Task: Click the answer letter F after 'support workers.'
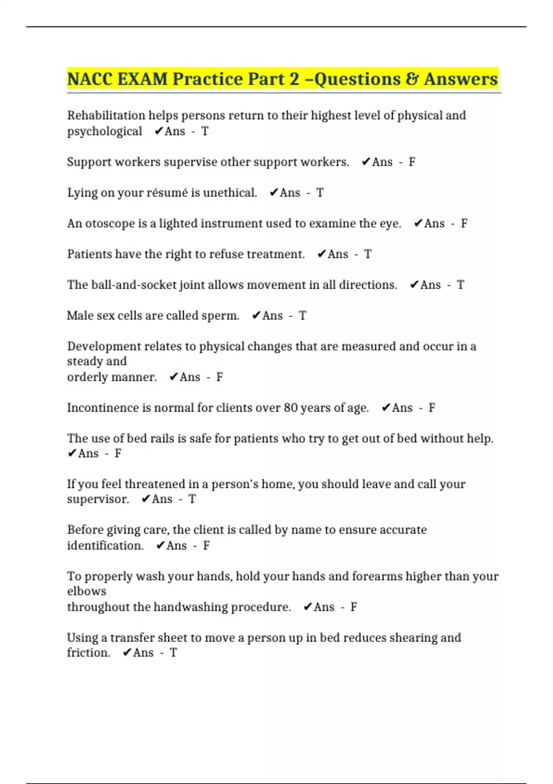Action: coord(412,162)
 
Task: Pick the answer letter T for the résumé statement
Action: coord(320,193)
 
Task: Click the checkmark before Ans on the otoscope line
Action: coord(418,224)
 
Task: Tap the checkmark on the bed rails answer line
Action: coord(72,454)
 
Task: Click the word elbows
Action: coord(87,591)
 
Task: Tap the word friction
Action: coord(88,653)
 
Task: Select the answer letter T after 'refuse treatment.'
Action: coord(367,254)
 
